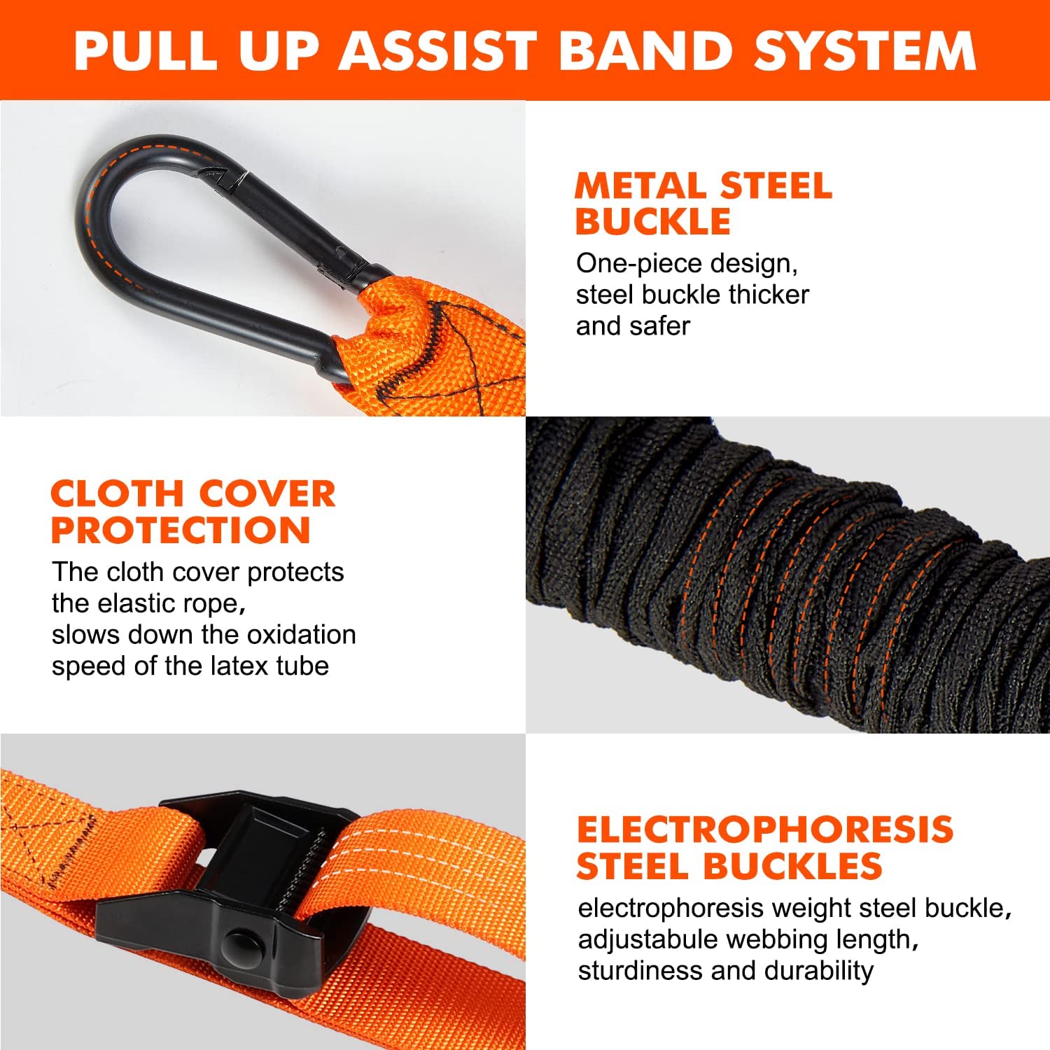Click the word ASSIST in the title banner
click(438, 50)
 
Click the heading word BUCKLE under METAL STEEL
click(653, 221)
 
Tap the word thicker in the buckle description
click(769, 295)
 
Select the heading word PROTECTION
click(181, 530)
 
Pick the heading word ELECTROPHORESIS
click(764, 829)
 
